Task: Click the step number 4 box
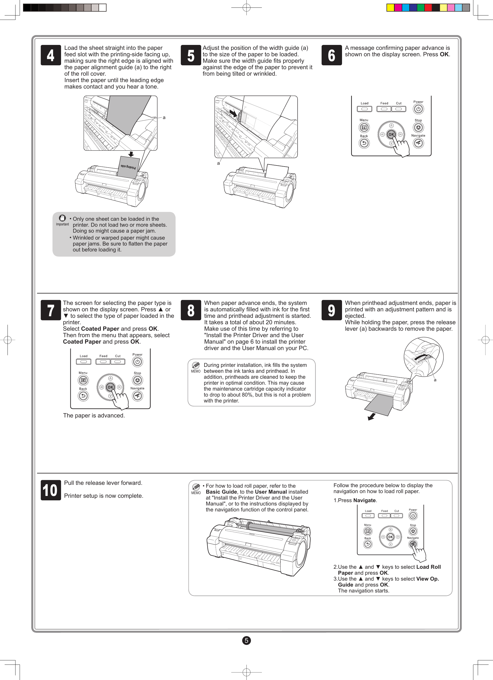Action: [x=51, y=55]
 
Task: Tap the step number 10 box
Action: [x=51, y=490]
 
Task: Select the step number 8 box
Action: [x=191, y=310]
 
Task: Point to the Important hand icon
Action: [x=62, y=218]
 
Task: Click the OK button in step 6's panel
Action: [x=391, y=135]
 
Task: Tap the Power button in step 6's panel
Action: [x=418, y=109]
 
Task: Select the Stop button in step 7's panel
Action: [x=138, y=380]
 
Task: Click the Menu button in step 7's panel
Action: [x=83, y=380]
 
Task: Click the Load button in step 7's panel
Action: [x=84, y=362]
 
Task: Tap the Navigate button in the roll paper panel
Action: [x=413, y=544]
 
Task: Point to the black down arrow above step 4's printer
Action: [x=131, y=154]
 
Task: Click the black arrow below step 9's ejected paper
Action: [x=371, y=416]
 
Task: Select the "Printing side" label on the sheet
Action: [x=128, y=167]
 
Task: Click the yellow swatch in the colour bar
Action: [x=390, y=7]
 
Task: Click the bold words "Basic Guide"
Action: [x=221, y=492]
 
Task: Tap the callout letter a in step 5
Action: [x=218, y=163]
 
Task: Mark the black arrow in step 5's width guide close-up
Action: [x=233, y=113]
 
